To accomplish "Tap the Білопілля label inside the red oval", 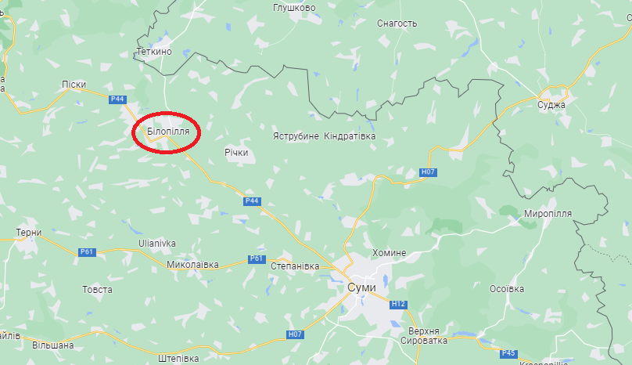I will pos(168,132).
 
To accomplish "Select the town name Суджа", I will pos(552,104).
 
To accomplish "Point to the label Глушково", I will pos(294,8).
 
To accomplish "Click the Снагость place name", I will pos(397,23).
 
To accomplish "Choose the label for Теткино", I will pos(153,52).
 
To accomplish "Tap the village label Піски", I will pos(74,84).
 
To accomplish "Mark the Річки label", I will pos(235,153).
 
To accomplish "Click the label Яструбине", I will pos(296,136).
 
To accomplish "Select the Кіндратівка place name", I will pos(350,136).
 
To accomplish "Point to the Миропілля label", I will pos(548,213).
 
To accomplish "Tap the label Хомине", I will pos(390,253).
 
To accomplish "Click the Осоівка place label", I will pos(506,289).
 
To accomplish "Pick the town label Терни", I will pos(28,233).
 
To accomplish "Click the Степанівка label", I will pos(295,266).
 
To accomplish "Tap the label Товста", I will pos(97,289).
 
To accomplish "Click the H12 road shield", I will pos(399,304).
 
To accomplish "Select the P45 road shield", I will pos(508,353).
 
